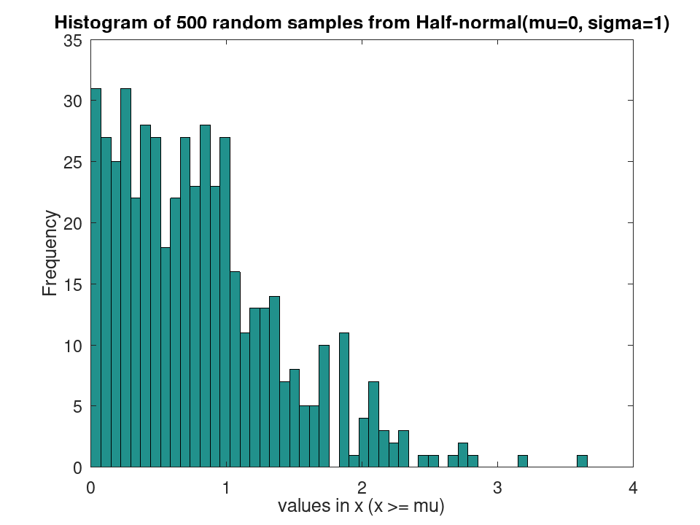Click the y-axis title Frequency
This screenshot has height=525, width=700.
pyautogui.click(x=50, y=253)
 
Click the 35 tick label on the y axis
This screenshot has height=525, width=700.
pyautogui.click(x=73, y=41)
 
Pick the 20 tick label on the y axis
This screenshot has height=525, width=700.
pyautogui.click(x=73, y=223)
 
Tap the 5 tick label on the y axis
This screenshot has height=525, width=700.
pyautogui.click(x=78, y=407)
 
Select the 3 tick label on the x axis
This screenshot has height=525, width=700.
pyautogui.click(x=497, y=488)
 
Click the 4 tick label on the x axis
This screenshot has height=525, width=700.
pyautogui.click(x=633, y=488)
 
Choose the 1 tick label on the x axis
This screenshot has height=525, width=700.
pyautogui.click(x=226, y=488)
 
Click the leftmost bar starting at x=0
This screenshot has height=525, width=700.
pyautogui.click(x=96, y=278)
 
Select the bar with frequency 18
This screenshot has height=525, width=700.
pyautogui.click(x=166, y=357)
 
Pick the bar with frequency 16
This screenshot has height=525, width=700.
pyautogui.click(x=235, y=369)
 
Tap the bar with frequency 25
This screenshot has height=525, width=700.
pyautogui.click(x=116, y=314)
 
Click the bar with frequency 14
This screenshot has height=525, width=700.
pyautogui.click(x=275, y=381)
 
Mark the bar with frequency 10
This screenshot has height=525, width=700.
pyautogui.click(x=324, y=406)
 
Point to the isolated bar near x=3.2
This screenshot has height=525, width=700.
pyautogui.click(x=523, y=461)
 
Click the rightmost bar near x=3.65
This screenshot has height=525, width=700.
pyautogui.click(x=582, y=461)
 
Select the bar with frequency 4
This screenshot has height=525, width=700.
pyautogui.click(x=364, y=443)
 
